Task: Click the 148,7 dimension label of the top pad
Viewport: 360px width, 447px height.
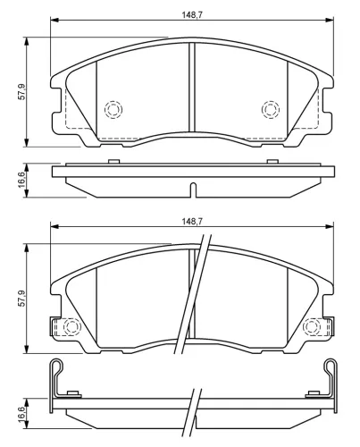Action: [192, 14]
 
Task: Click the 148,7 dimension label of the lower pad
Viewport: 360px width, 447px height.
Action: [192, 222]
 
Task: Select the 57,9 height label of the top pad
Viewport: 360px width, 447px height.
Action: [22, 92]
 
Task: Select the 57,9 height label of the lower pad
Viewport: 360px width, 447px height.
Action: [22, 299]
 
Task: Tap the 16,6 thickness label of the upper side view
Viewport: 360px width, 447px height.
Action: [22, 180]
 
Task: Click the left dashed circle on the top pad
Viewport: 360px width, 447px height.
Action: [113, 109]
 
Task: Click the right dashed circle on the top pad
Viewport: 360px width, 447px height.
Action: [271, 109]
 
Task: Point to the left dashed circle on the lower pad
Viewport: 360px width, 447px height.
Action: [71, 327]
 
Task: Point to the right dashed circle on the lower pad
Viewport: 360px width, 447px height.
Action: [312, 327]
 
